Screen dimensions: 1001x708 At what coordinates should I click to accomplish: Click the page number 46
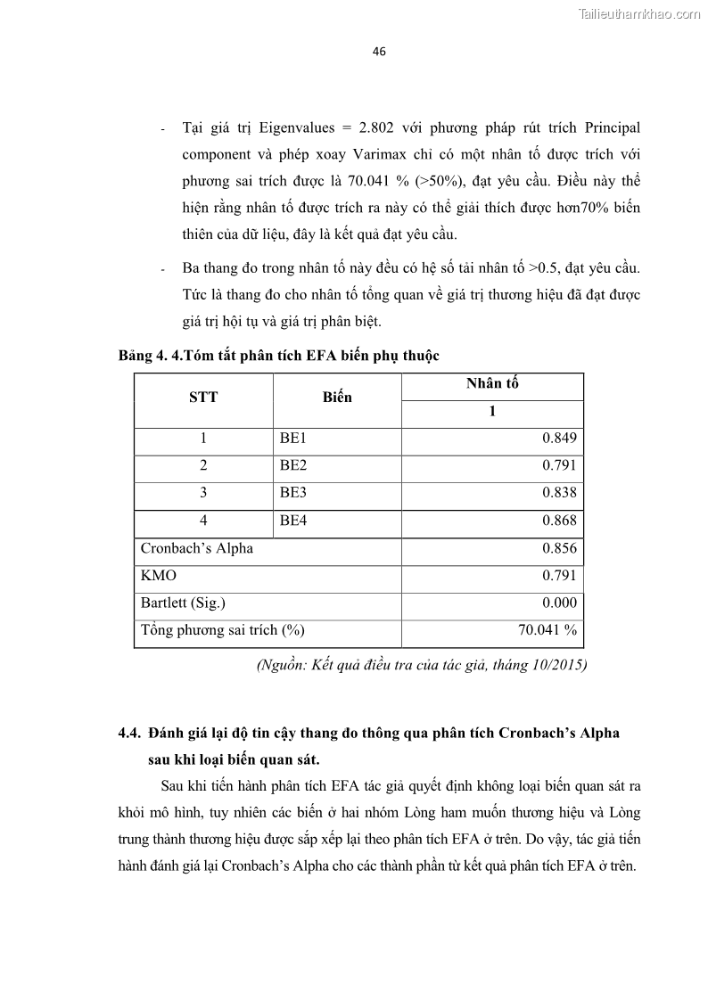tap(379, 52)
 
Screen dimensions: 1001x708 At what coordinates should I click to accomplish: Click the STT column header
tap(202, 398)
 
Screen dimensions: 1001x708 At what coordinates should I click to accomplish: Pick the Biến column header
tap(337, 398)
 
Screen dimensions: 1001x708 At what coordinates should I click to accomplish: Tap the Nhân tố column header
tap(491, 384)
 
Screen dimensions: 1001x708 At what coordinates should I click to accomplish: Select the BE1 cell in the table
tap(293, 438)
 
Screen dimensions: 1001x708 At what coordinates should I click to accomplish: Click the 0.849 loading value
tap(559, 438)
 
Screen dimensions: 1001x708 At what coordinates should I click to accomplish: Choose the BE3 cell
tap(293, 493)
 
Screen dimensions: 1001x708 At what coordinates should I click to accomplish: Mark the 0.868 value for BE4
tap(559, 521)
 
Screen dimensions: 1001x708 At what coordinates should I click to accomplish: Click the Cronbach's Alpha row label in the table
tap(196, 548)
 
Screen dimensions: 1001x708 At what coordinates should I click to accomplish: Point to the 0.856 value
tap(559, 548)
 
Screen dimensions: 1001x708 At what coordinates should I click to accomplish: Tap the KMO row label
tap(159, 576)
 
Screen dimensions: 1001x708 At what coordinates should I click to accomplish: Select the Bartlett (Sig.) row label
tap(184, 603)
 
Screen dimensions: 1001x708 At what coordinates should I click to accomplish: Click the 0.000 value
tap(559, 603)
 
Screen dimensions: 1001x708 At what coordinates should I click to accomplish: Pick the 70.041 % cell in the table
tap(547, 630)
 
